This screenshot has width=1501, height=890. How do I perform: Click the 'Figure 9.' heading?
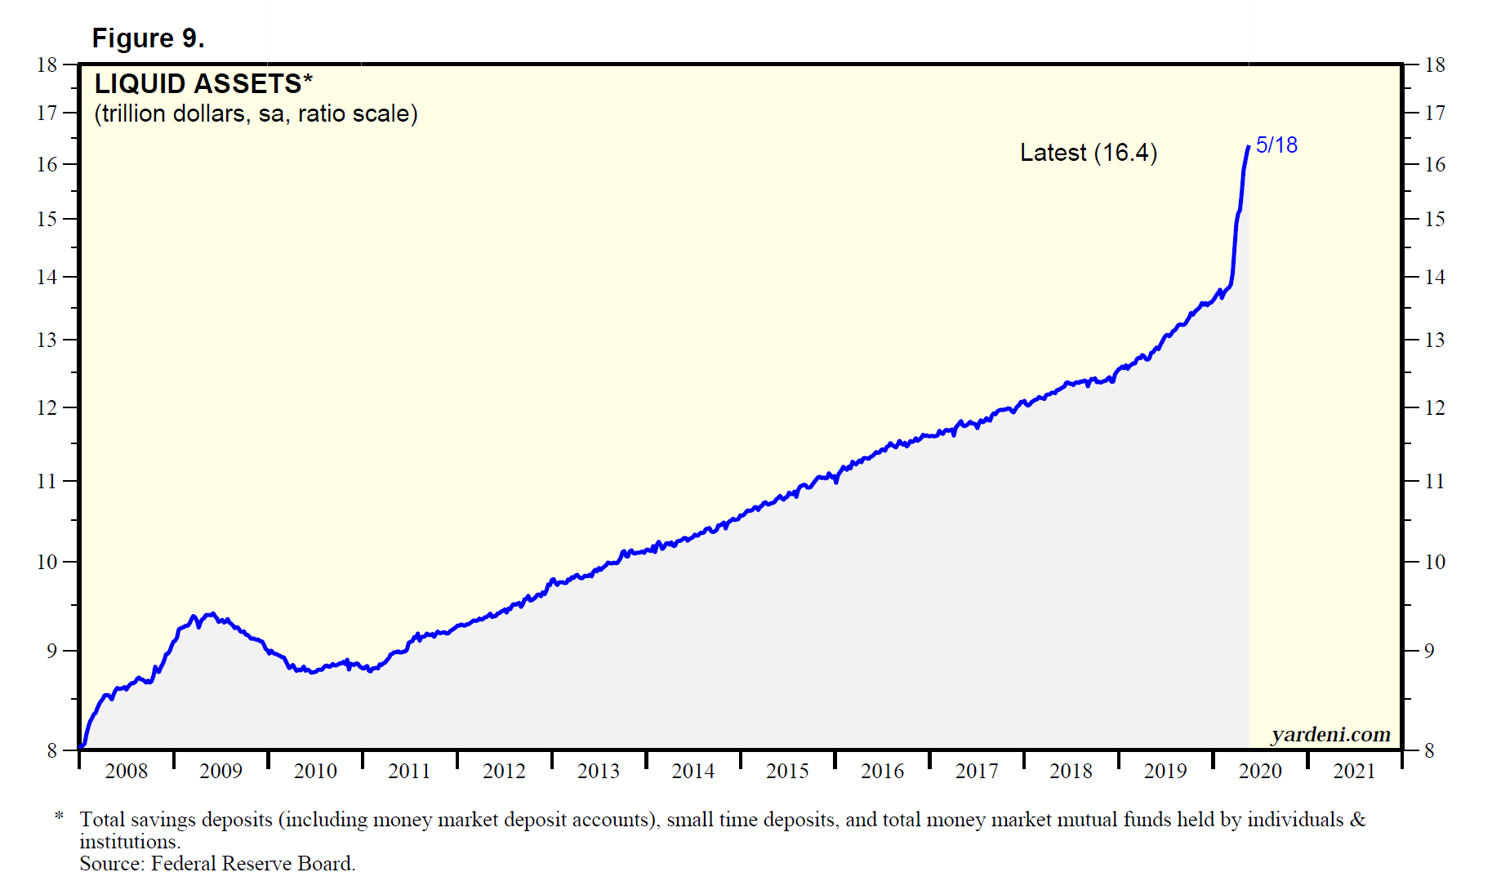(x=148, y=38)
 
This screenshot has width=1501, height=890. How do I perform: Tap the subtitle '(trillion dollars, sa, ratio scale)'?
(x=256, y=113)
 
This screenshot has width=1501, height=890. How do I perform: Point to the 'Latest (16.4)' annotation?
(x=1088, y=153)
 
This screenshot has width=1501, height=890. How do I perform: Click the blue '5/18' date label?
(x=1276, y=145)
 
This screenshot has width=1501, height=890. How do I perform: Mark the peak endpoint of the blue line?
(x=1249, y=147)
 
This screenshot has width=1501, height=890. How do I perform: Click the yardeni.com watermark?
(x=1330, y=734)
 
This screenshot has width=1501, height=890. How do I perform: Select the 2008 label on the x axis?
(x=127, y=771)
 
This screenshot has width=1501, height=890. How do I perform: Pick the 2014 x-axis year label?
(x=693, y=771)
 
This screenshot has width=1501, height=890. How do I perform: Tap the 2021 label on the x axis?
(x=1354, y=771)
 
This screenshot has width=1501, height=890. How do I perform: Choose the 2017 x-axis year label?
(x=977, y=771)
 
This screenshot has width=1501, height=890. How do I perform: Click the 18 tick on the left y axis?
(x=47, y=65)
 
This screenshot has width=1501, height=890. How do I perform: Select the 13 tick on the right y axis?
(x=1435, y=340)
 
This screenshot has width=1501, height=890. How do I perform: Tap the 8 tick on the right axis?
(x=1429, y=750)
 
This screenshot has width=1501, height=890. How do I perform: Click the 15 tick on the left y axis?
(x=47, y=219)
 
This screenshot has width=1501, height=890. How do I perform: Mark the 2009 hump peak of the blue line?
(x=212, y=613)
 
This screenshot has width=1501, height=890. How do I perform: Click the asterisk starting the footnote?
(x=59, y=817)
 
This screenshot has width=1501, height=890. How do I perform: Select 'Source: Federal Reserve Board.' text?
(x=217, y=864)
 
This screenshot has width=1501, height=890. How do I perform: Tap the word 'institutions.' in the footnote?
(x=130, y=842)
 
